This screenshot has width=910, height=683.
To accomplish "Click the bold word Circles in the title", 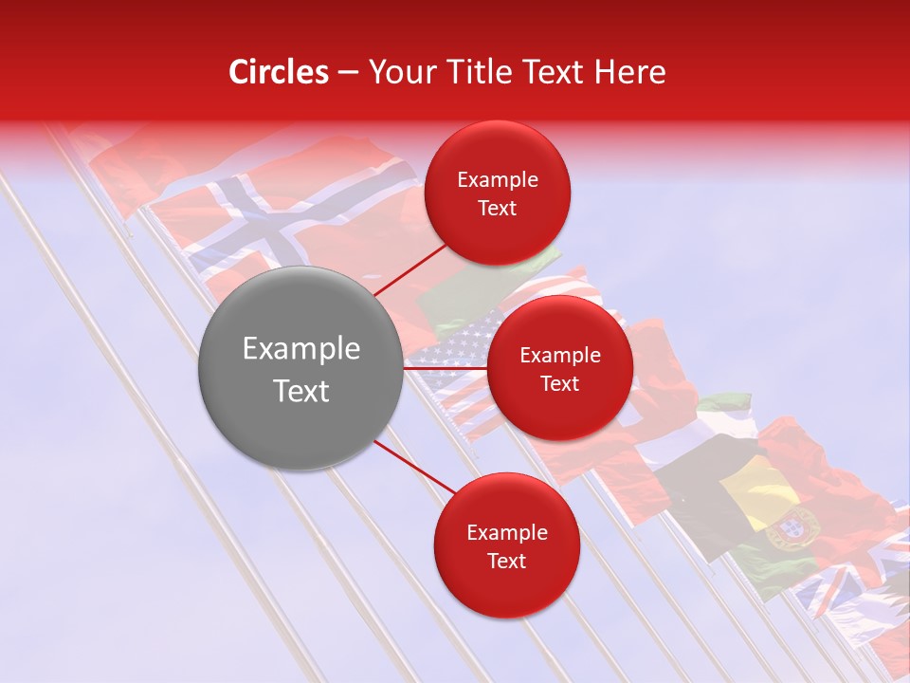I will click(279, 72).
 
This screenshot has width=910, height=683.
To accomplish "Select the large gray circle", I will click(300, 368).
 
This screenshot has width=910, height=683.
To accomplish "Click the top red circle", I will click(497, 193).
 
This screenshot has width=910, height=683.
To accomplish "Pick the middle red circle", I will click(559, 368).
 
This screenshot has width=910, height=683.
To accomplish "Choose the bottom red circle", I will click(506, 545).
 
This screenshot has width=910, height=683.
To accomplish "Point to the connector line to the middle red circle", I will click(445, 367).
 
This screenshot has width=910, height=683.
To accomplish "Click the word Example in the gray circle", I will click(300, 349).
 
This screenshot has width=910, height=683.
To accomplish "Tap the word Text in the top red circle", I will click(497, 208).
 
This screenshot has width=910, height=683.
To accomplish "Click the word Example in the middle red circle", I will click(559, 355).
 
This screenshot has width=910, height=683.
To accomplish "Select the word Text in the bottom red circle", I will click(506, 561).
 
